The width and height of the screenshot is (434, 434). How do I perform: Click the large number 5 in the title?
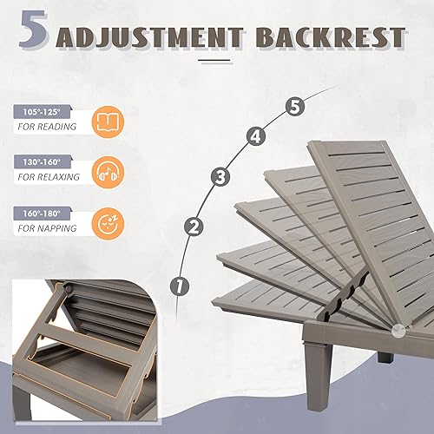click(36, 32)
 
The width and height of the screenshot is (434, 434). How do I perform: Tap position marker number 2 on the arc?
click(194, 227)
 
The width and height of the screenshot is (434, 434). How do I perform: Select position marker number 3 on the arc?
click(220, 176)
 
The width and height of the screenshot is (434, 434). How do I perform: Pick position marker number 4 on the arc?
click(255, 135)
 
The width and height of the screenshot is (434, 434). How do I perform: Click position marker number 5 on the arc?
click(295, 107)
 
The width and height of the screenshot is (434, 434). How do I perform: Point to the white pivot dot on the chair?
click(398, 330)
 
